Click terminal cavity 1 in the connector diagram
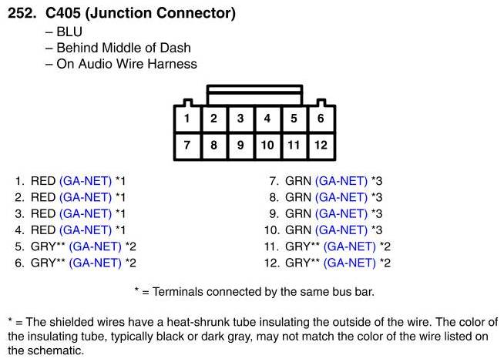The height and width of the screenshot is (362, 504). (187, 119)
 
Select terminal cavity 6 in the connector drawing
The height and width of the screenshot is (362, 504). (321, 119)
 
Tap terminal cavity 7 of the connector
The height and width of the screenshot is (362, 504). (187, 145)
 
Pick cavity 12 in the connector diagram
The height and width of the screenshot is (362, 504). (321, 145)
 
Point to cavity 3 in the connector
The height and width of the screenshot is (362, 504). (240, 119)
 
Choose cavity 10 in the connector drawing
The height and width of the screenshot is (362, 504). (267, 145)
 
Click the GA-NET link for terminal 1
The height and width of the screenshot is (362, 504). (86, 181)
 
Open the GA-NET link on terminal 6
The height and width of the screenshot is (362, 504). (96, 263)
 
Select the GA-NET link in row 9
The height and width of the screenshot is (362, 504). (341, 214)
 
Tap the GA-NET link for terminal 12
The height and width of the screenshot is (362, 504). (351, 263)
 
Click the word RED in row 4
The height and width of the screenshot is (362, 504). (43, 230)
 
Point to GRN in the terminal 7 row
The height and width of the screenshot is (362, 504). (298, 181)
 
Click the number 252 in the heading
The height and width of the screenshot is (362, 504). (20, 13)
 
